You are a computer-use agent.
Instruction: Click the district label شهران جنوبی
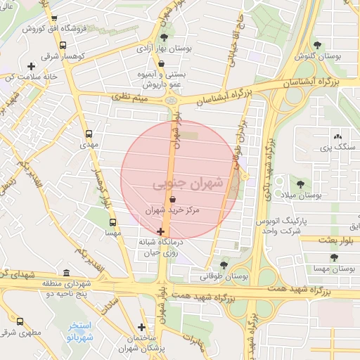[187, 184]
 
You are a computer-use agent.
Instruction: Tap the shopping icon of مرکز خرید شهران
[172, 200]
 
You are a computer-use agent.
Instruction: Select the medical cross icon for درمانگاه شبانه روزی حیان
[161, 231]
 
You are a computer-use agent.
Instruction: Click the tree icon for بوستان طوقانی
[224, 265]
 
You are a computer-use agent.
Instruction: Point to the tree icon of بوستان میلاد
[300, 184]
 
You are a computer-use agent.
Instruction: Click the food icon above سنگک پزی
[337, 136]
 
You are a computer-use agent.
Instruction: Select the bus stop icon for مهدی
[89, 133]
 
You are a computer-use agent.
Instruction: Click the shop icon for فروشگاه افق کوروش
[55, 19]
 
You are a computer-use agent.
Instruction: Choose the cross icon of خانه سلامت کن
[31, 67]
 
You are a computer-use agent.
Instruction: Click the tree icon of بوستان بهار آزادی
[165, 37]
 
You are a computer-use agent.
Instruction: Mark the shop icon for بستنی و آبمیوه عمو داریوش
[162, 63]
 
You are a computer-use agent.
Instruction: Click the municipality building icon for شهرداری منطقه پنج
[66, 273]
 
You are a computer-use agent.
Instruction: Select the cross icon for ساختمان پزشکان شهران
[142, 327]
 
